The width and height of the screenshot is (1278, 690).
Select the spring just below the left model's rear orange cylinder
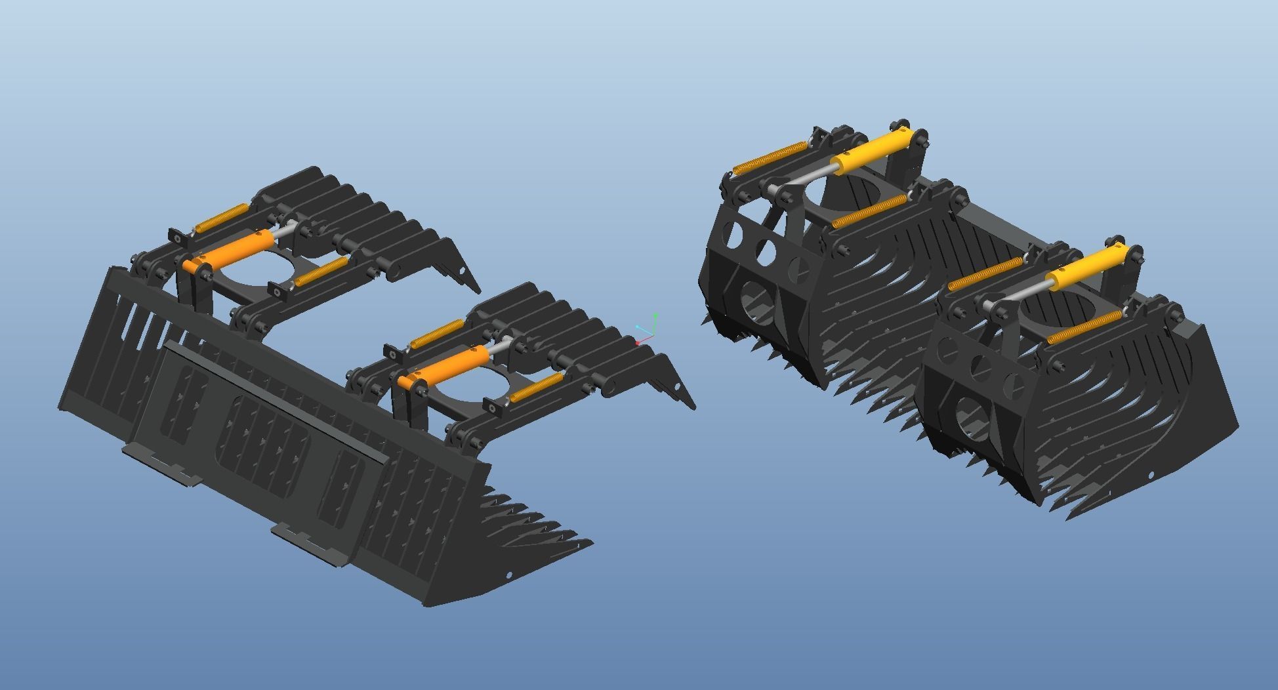click(x=321, y=271)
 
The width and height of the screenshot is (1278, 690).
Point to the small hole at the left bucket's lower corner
click(x=510, y=575)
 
